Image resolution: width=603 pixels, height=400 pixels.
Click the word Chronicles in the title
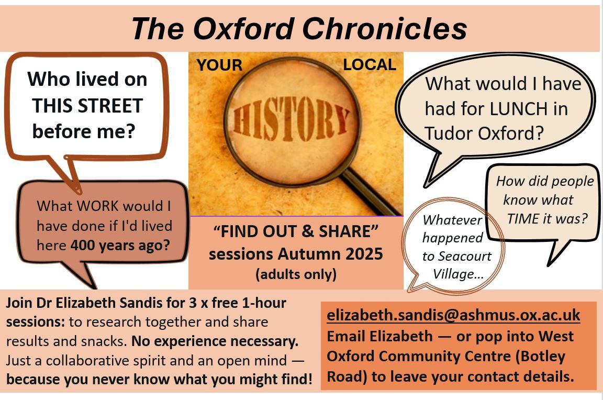[385, 29]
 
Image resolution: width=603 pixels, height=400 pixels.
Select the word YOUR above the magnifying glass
[219, 65]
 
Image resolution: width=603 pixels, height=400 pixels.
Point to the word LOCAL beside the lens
[370, 64]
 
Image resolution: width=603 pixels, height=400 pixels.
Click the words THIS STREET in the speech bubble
[87, 106]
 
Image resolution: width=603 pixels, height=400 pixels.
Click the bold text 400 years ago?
[120, 246]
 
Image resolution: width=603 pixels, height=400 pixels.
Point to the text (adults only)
[296, 274]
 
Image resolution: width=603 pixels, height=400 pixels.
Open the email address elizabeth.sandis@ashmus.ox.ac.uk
[453, 315]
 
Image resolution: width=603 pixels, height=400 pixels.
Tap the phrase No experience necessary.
[215, 341]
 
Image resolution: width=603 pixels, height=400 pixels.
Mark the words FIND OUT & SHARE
[296, 231]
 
